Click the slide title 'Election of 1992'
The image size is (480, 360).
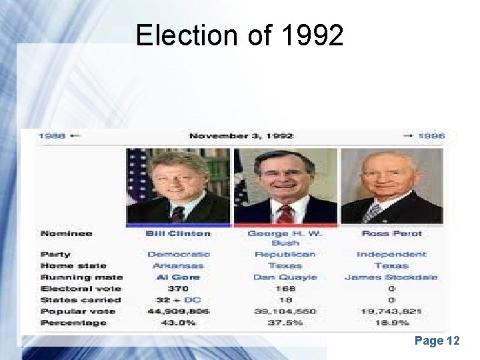coord(239,35)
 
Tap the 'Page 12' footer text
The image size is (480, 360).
coord(437,341)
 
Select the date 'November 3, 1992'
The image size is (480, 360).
coord(241,136)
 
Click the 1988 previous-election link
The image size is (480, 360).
coord(52,136)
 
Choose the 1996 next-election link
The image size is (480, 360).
coord(431,136)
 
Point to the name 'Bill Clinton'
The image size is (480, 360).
coord(178,233)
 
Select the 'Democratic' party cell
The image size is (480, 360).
coord(178,254)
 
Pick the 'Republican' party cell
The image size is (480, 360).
coord(285,254)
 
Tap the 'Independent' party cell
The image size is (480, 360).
coord(391,254)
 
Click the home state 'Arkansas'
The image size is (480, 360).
coord(178,265)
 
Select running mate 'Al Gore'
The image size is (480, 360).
coord(178,277)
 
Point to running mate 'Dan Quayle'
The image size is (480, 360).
coord(285,277)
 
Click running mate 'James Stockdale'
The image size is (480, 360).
coord(391,277)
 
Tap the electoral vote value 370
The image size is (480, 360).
coord(178,289)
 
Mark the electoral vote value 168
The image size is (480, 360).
coord(285,289)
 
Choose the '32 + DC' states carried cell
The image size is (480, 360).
coord(178,300)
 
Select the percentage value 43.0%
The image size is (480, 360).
coord(178,323)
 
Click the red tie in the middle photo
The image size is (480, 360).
coord(285,213)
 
